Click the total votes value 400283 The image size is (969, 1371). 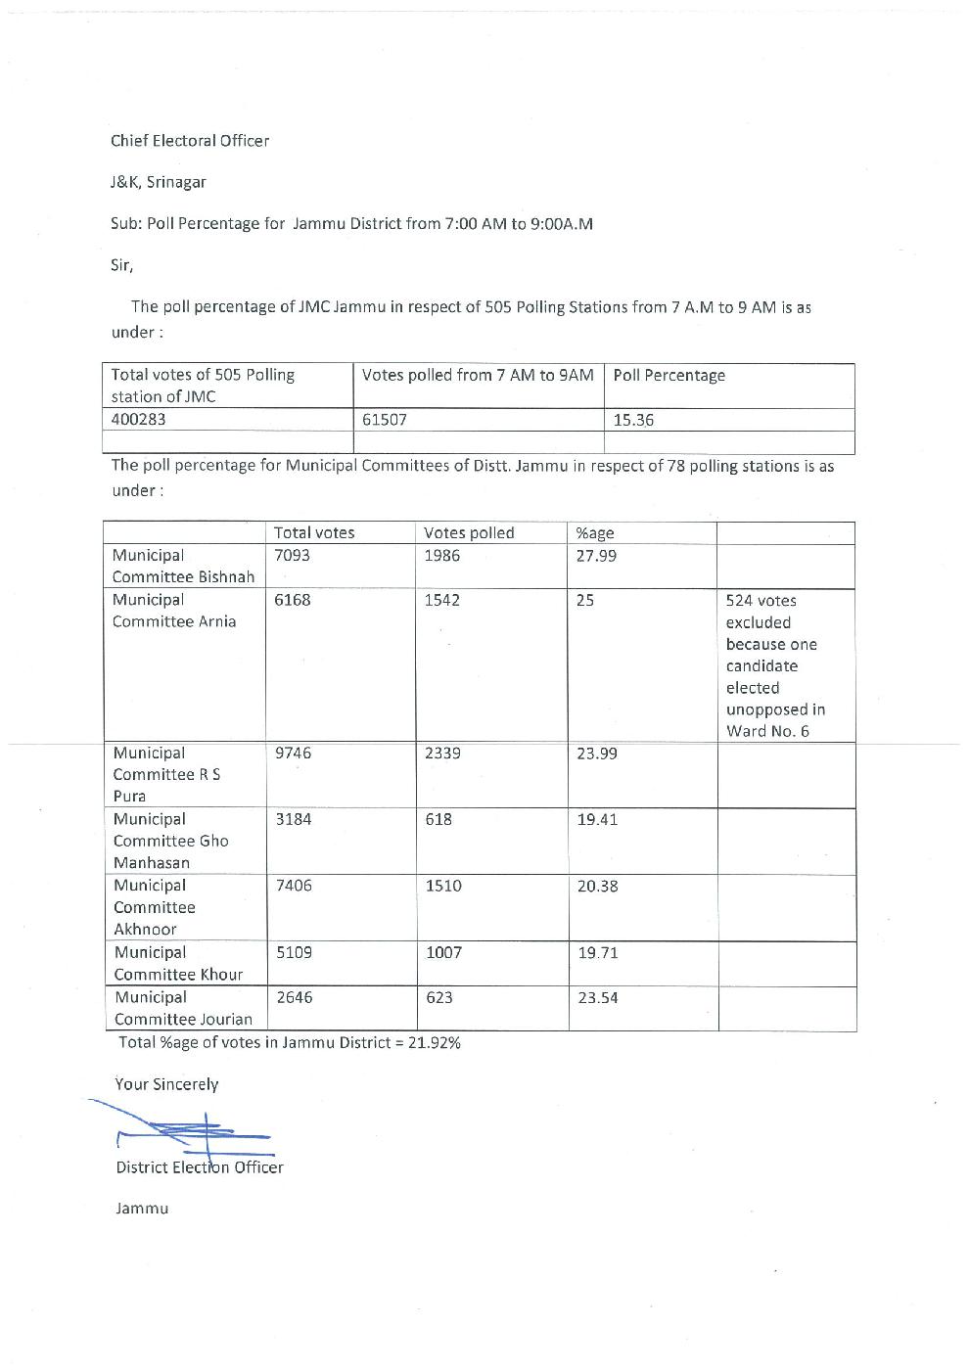pyautogui.click(x=138, y=420)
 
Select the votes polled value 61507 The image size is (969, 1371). pyautogui.click(x=384, y=420)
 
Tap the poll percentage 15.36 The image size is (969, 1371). pyautogui.click(x=633, y=420)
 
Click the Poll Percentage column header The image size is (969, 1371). pyautogui.click(x=669, y=376)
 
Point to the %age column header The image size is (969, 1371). pyautogui.click(x=595, y=533)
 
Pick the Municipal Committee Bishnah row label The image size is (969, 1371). pyautogui.click(x=183, y=567)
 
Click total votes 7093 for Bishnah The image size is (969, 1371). pyautogui.click(x=292, y=556)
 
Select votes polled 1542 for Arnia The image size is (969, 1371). pyautogui.click(x=441, y=600)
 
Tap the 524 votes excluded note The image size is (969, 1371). pyautogui.click(x=775, y=665)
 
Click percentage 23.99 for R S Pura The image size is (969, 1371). pyautogui.click(x=597, y=754)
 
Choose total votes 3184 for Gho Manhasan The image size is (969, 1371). pyautogui.click(x=294, y=819)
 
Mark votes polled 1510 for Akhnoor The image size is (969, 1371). pyautogui.click(x=443, y=886)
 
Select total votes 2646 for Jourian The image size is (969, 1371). pyautogui.click(x=294, y=997)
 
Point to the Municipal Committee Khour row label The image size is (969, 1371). pyautogui.click(x=178, y=963)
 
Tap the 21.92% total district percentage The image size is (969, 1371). pyautogui.click(x=434, y=1042)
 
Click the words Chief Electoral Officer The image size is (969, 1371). pyautogui.click(x=190, y=141)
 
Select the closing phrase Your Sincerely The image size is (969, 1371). pyautogui.click(x=166, y=1084)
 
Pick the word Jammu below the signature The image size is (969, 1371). pyautogui.click(x=142, y=1209)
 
